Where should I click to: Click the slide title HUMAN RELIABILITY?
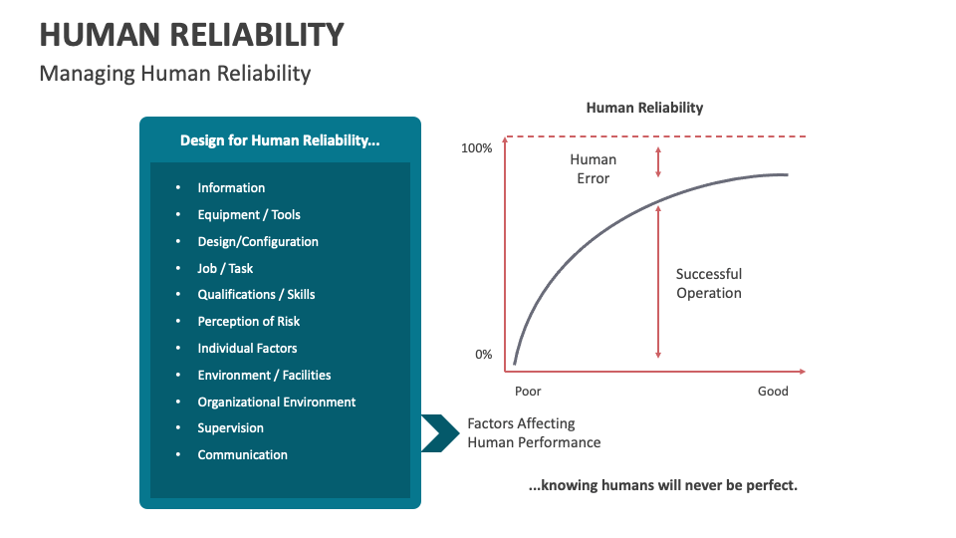tap(191, 35)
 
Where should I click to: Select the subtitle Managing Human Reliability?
tap(175, 74)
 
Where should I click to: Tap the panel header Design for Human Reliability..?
tap(280, 140)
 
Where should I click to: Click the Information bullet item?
tap(231, 188)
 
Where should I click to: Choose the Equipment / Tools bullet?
tap(249, 215)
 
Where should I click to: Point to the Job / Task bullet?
tap(225, 268)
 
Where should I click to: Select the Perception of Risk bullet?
tap(249, 322)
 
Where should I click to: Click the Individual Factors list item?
tap(247, 349)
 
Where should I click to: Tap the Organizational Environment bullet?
tap(277, 403)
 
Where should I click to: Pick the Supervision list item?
tap(231, 428)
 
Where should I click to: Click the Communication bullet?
tap(242, 455)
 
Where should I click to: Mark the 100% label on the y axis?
tap(477, 148)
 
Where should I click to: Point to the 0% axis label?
tap(483, 355)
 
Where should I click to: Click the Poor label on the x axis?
tap(528, 392)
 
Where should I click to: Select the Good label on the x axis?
tap(773, 392)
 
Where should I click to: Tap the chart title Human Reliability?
tap(644, 108)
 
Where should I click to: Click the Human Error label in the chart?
tap(593, 169)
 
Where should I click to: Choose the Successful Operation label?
tap(709, 284)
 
